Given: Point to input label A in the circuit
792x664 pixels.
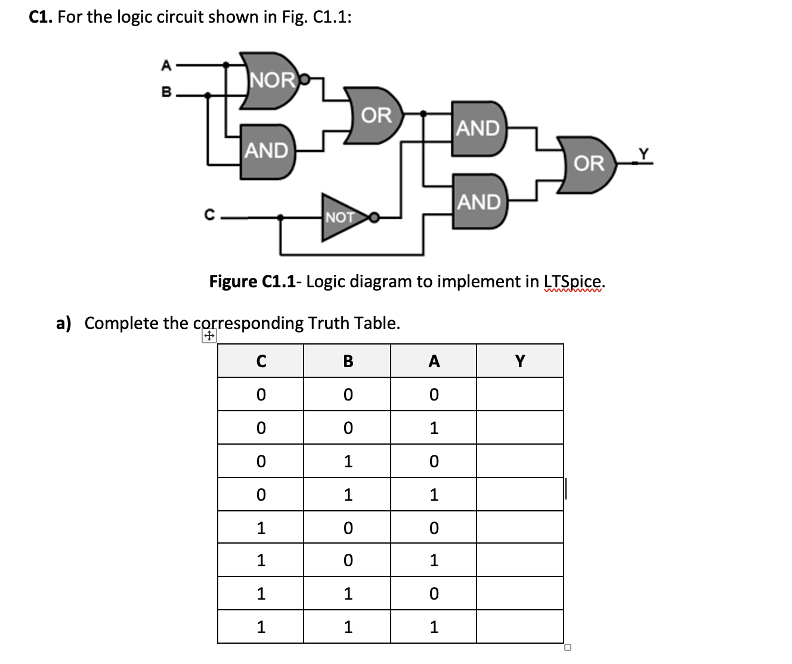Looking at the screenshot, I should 166,65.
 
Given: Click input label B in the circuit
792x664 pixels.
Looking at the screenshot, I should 166,92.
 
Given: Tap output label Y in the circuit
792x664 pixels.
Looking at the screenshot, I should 643,153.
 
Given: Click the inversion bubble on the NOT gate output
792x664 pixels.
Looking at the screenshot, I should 374,218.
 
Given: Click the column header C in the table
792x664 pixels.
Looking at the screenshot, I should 261,361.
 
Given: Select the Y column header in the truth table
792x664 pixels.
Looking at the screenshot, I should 519,361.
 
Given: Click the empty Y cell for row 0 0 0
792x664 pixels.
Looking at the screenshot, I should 519,395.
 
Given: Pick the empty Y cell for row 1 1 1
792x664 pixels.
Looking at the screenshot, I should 519,626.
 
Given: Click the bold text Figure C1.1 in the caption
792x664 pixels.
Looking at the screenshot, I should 252,281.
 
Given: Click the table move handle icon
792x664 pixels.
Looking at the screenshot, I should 209,337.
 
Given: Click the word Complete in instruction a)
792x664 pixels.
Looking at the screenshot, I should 122,323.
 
